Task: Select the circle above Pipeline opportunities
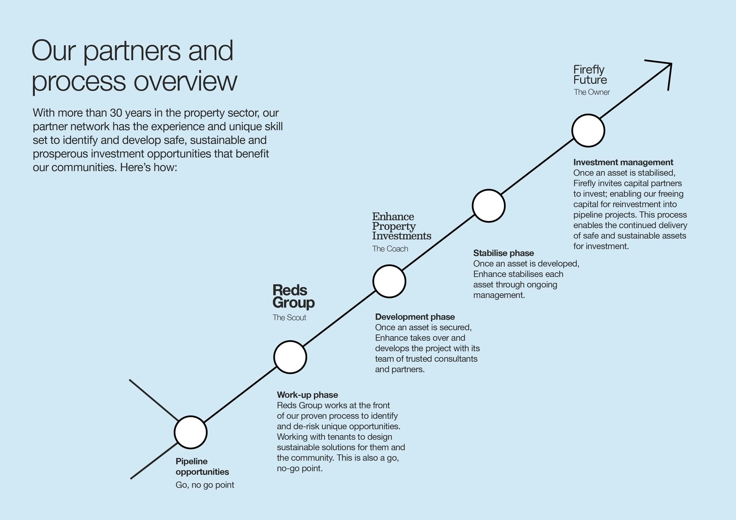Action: click(191, 432)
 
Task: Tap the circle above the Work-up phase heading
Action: click(290, 357)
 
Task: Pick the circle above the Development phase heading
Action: click(389, 281)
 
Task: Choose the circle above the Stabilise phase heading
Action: click(488, 206)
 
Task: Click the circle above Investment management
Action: click(588, 130)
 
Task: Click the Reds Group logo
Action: click(293, 296)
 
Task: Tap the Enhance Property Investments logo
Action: click(401, 226)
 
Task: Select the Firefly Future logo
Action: click(590, 74)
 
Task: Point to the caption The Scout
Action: click(289, 318)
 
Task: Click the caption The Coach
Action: click(390, 249)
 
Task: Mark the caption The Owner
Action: click(591, 92)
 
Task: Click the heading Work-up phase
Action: click(307, 395)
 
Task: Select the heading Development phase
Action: click(415, 317)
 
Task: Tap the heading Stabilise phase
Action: click(503, 253)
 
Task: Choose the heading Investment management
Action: click(623, 162)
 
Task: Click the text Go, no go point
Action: click(205, 485)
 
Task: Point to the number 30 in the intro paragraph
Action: click(116, 113)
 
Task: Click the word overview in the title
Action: click(185, 82)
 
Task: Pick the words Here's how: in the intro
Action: click(148, 167)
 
